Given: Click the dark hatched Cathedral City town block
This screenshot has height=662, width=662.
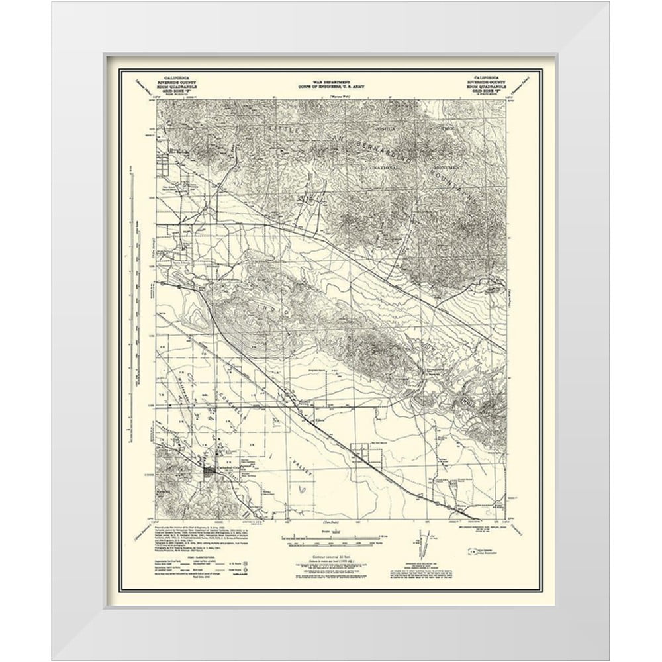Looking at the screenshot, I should (x=211, y=471).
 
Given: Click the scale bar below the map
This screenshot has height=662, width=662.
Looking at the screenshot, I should (x=331, y=534).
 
